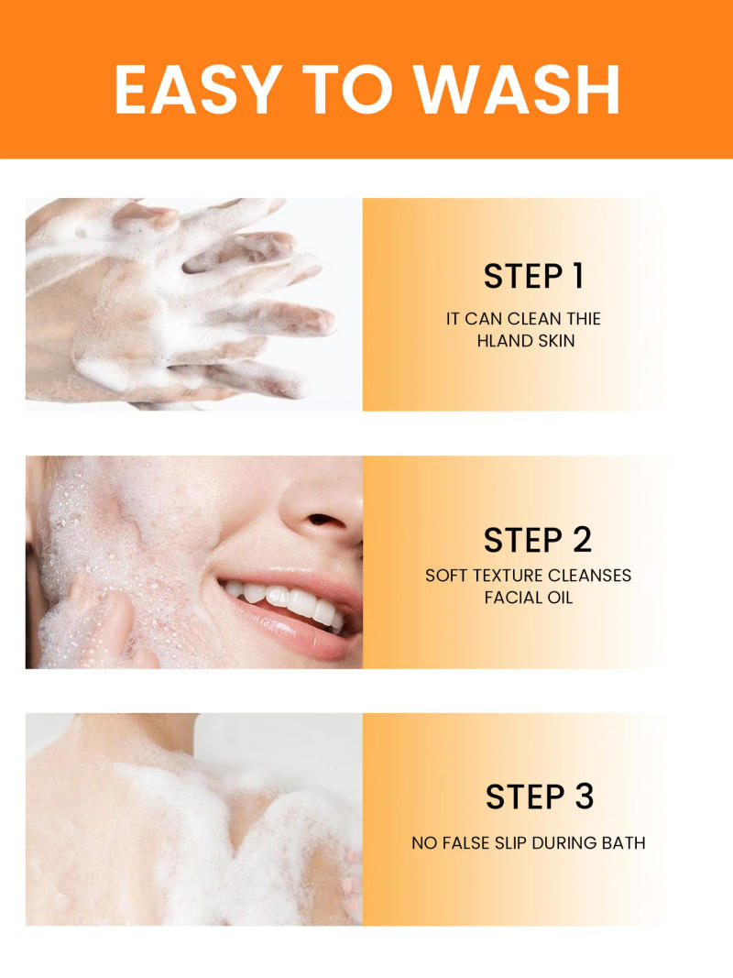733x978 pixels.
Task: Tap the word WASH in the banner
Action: click(517, 89)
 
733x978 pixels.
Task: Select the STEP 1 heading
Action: click(533, 276)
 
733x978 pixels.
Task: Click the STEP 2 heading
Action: click(538, 540)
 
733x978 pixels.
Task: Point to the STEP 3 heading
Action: click(540, 797)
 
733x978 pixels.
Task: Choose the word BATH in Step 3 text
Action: click(623, 842)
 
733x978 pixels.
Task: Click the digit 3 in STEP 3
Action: click(585, 797)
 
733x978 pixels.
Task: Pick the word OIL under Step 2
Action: click(561, 598)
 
